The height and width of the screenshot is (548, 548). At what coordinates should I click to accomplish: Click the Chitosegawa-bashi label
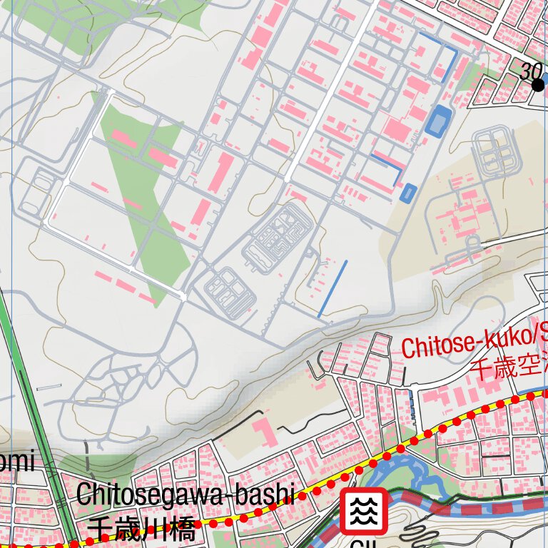(x=184, y=494)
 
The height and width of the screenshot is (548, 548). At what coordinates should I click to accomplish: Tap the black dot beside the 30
(x=538, y=86)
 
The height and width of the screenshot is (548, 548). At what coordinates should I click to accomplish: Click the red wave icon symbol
(x=364, y=511)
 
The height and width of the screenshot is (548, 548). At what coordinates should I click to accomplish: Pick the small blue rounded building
(x=408, y=193)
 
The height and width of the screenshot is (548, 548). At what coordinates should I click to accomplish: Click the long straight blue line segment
(x=333, y=288)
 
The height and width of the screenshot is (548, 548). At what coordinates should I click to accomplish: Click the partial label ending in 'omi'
(x=16, y=462)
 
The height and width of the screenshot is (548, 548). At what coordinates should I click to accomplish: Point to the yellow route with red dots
(x=428, y=432)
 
